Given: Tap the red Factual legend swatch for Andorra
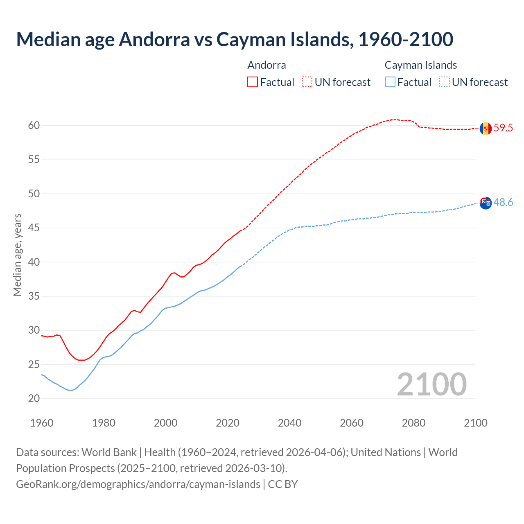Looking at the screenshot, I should [x=253, y=82].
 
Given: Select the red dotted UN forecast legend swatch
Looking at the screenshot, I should [x=307, y=82].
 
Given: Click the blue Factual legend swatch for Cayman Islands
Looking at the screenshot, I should [x=390, y=82].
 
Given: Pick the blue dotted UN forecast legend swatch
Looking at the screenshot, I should [x=445, y=82].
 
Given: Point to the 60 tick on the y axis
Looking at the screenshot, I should [x=34, y=126].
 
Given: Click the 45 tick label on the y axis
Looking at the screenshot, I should [x=34, y=228].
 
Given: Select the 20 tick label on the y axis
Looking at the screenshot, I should [x=34, y=398].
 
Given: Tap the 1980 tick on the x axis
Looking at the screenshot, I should [x=104, y=423].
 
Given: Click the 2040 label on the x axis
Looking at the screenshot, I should [x=289, y=423].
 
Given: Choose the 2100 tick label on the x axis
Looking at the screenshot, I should [x=475, y=423].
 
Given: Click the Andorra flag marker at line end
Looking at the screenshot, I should [x=486, y=129].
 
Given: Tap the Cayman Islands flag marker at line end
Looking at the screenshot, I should [x=486, y=203].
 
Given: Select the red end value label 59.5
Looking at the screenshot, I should [x=503, y=128].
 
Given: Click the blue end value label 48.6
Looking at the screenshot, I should [x=503, y=203].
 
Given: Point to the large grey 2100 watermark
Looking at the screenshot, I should [x=431, y=384].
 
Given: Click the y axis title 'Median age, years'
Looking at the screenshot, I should [x=17, y=255].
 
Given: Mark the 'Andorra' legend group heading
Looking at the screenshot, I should [x=267, y=65].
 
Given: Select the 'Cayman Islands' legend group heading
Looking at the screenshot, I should [x=420, y=65].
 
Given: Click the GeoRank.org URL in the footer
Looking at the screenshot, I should [x=138, y=484].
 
